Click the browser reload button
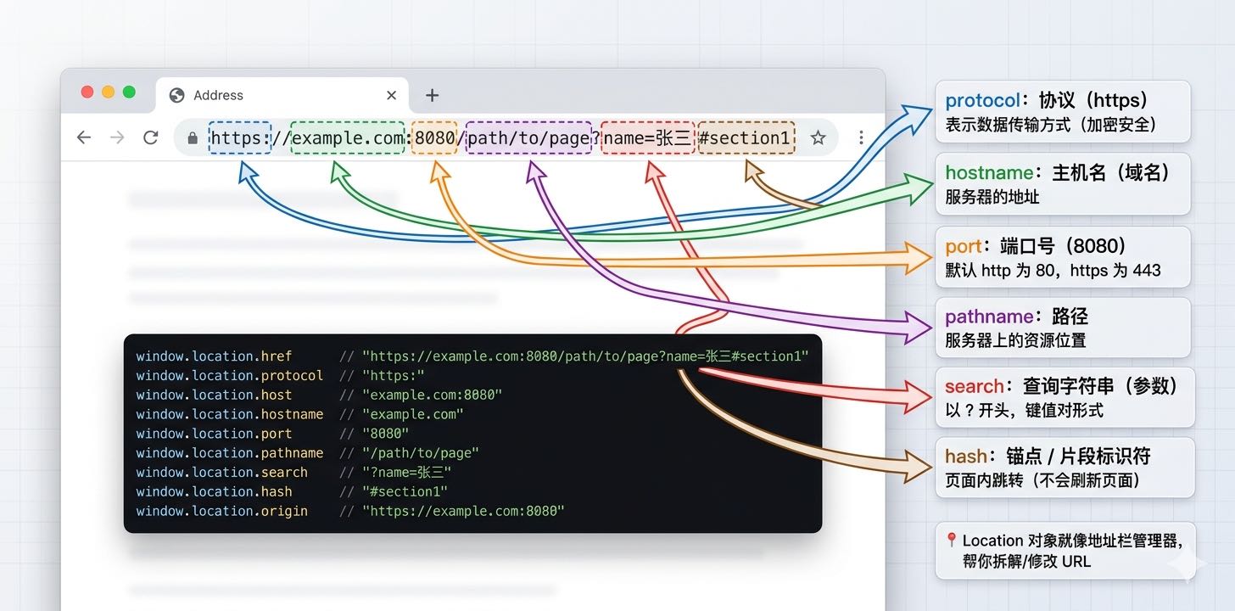click(x=151, y=137)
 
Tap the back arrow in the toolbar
click(x=83, y=137)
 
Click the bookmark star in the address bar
click(x=818, y=137)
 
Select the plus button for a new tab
click(x=432, y=95)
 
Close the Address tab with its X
click(x=391, y=95)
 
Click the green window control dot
click(x=129, y=92)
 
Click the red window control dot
click(x=87, y=92)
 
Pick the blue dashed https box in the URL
click(x=239, y=137)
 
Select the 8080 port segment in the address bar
click(x=434, y=137)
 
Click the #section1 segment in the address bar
click(x=746, y=137)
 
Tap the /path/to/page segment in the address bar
click(x=528, y=137)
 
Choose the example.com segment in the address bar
click(x=348, y=137)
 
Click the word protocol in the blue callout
click(x=983, y=101)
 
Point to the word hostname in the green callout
click(x=986, y=173)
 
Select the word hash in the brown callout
click(x=965, y=457)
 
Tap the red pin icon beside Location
click(x=952, y=541)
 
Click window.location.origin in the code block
click(x=222, y=511)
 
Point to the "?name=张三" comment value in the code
click(x=406, y=472)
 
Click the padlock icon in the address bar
click(x=193, y=137)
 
